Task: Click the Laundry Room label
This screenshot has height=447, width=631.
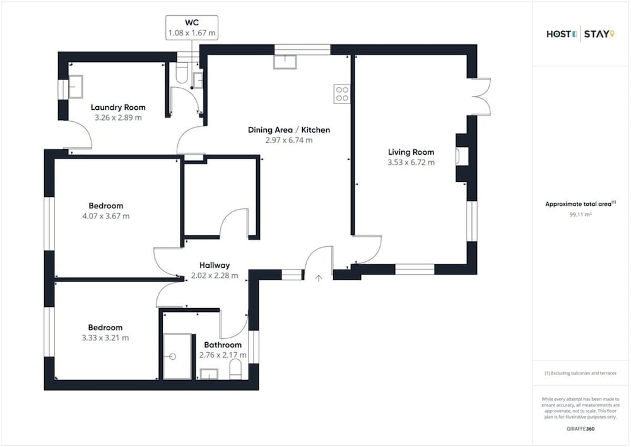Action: tap(118, 107)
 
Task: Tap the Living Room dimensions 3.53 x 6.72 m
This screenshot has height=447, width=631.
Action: tap(411, 162)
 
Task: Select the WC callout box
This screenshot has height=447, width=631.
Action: tap(192, 28)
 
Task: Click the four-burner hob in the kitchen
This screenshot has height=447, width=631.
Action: tap(342, 94)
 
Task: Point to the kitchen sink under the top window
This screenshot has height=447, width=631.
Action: tap(285, 62)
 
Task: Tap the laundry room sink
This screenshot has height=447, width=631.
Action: tap(75, 86)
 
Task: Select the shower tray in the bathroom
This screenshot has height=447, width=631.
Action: tap(177, 356)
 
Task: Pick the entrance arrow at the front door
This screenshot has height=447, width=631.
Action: tap(319, 278)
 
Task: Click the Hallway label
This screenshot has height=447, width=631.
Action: tap(215, 265)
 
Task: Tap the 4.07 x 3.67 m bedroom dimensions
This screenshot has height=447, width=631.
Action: tap(106, 216)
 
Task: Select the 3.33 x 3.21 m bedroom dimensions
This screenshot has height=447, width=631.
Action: tap(105, 338)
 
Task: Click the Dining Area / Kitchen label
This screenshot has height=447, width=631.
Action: tap(289, 129)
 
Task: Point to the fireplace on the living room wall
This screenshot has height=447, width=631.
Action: tap(462, 157)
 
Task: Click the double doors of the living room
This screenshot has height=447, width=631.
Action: tap(481, 97)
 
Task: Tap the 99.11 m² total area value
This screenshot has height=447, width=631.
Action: tap(581, 215)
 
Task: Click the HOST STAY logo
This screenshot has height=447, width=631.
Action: tap(581, 34)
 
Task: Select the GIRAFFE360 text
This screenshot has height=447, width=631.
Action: tap(581, 429)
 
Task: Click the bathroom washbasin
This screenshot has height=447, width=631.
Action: tap(209, 374)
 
